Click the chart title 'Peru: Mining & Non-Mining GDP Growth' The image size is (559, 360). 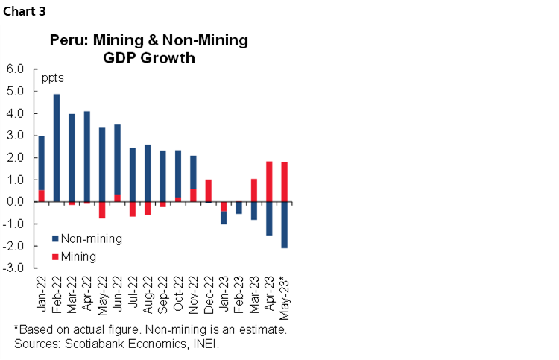[x=148, y=48]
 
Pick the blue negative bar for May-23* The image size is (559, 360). [x=284, y=225]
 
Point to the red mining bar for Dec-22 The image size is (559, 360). [x=208, y=191]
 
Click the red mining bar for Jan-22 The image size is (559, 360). [x=42, y=195]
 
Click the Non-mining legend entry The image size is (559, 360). [x=86, y=239]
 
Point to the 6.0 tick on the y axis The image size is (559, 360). [x=16, y=69]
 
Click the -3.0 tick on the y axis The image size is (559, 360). [x=14, y=268]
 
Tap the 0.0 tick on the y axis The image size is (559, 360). [x=16, y=202]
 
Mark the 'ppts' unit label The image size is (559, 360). [x=53, y=78]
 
